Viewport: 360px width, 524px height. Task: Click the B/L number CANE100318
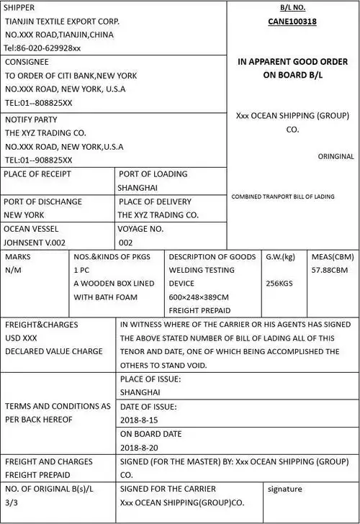point(292,22)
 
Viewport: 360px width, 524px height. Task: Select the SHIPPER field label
point(20,7)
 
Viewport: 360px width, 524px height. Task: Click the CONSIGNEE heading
point(27,62)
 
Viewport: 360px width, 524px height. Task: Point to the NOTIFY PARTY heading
point(31,119)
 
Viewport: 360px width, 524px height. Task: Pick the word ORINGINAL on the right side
point(336,156)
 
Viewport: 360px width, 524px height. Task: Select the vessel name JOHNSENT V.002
point(35,243)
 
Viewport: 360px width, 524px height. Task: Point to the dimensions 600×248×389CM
point(199,297)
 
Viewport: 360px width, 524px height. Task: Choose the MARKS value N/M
point(13,270)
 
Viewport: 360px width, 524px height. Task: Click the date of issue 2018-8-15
point(140,420)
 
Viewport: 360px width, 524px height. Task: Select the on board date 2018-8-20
point(140,447)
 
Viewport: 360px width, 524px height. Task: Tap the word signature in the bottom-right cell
point(285,489)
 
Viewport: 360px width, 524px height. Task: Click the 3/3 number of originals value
point(11,503)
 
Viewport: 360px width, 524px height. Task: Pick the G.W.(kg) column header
point(281,256)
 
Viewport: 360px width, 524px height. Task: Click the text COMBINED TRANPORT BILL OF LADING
point(283,196)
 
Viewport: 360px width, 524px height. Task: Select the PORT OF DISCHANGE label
point(43,202)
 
